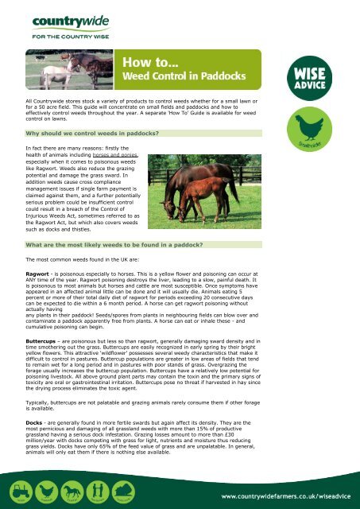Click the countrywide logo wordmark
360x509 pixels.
coord(58,18)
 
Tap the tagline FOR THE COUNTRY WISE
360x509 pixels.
coord(58,35)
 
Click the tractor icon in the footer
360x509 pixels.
coord(17,490)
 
